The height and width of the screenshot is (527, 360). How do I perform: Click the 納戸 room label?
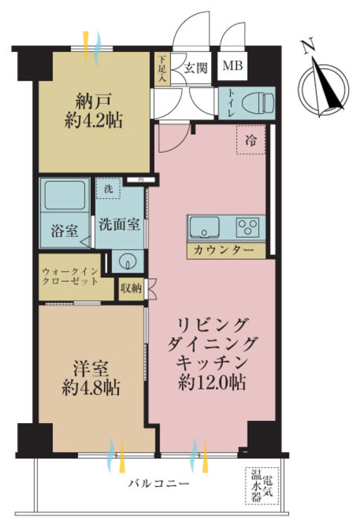click(x=92, y=110)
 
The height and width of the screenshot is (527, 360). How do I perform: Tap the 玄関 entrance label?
click(x=195, y=68)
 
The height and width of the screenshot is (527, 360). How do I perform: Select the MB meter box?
click(x=231, y=67)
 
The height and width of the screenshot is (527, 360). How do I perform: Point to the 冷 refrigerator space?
click(x=251, y=141)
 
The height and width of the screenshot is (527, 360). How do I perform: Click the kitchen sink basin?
click(x=205, y=227)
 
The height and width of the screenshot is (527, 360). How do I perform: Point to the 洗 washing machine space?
click(x=108, y=188)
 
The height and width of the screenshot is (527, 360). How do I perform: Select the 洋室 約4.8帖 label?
click(x=91, y=377)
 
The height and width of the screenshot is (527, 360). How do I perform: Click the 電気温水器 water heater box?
click(x=262, y=486)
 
